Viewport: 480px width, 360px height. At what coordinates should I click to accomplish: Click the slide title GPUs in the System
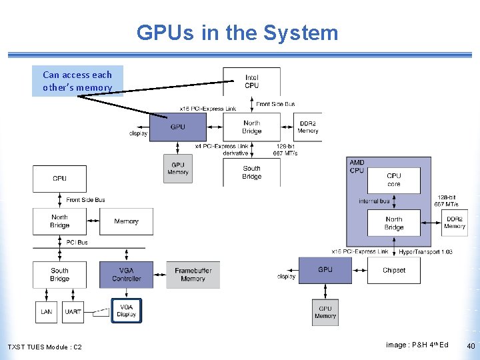pos(237,33)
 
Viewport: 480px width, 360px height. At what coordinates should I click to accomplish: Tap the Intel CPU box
pos(252,81)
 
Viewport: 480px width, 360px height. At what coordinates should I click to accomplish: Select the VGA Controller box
pos(126,274)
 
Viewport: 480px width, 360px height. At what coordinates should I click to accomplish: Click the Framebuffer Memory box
pos(193,274)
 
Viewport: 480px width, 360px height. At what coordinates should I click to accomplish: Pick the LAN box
pos(46,312)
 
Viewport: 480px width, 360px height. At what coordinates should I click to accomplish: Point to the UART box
pos(73,312)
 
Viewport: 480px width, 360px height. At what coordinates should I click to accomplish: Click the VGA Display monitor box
pos(126,311)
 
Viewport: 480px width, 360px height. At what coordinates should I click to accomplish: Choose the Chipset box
pos(393,270)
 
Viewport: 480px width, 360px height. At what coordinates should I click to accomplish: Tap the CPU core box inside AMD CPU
pos(394,179)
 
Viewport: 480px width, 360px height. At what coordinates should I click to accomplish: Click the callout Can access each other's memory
pos(77,81)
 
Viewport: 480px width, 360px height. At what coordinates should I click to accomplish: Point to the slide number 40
pos(471,346)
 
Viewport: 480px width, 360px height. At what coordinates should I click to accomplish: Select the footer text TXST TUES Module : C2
pos(45,347)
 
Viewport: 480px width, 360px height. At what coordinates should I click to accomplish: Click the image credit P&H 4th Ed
pos(417,345)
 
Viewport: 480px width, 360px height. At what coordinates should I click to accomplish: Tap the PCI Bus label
pos(77,242)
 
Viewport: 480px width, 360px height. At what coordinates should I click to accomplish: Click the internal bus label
pos(374,201)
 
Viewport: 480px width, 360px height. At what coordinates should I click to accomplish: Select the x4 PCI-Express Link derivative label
pos(221,149)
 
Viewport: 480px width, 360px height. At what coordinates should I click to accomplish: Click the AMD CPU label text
pos(357,167)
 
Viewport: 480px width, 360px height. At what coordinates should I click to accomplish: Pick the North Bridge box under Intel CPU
pos(252,127)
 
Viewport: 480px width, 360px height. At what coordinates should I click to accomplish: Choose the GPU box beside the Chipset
pos(325,270)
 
